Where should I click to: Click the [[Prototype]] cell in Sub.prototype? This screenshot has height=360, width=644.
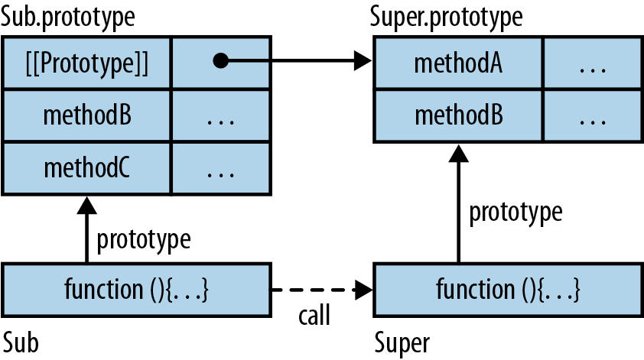click(x=86, y=62)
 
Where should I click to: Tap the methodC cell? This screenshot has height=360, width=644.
click(x=86, y=167)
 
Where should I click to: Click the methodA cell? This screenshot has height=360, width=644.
click(x=457, y=62)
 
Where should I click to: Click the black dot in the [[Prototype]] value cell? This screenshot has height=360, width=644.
click(x=220, y=62)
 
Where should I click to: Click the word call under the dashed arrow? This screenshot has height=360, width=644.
click(x=314, y=315)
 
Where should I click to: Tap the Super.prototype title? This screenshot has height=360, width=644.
click(x=447, y=16)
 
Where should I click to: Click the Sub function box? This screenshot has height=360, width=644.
click(x=137, y=290)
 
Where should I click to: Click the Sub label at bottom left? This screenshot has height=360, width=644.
click(x=21, y=342)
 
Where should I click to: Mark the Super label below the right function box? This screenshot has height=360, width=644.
click(x=403, y=342)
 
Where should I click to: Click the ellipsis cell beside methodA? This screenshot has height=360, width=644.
click(x=592, y=62)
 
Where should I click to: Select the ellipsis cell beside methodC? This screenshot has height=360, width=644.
click(x=220, y=167)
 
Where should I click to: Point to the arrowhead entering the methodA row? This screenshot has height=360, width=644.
click(x=363, y=62)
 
